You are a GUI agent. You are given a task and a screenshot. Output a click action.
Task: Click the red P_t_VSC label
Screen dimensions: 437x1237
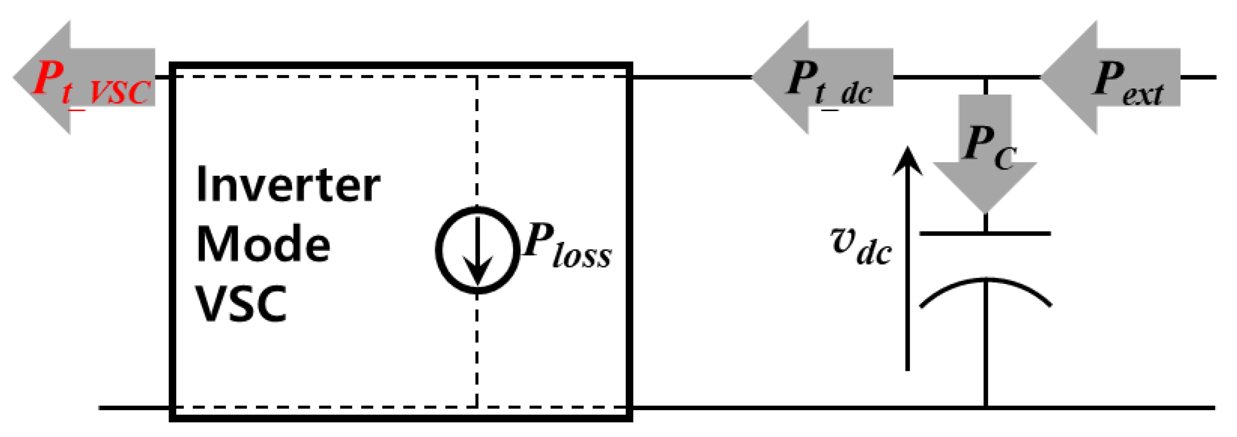(91, 84)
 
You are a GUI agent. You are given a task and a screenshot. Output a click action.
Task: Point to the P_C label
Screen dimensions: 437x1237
(989, 146)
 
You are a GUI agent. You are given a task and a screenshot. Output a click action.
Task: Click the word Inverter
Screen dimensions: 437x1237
(288, 185)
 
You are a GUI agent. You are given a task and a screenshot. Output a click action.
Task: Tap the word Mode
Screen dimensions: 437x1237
(263, 245)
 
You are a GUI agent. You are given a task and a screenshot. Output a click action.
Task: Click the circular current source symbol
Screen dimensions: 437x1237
(477, 250)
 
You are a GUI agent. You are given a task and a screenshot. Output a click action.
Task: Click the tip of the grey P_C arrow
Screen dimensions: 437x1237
(985, 211)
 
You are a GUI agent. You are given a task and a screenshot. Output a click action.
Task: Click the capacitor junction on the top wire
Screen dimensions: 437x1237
(985, 77)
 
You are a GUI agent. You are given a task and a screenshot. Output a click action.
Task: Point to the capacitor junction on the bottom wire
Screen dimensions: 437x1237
(985, 408)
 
